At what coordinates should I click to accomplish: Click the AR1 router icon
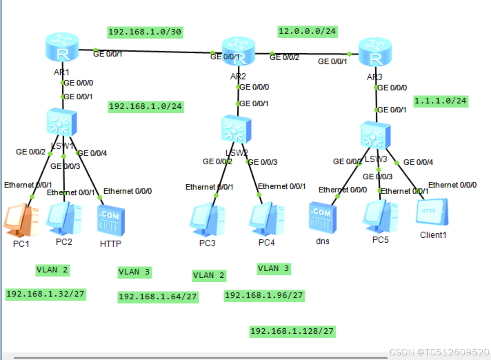63,48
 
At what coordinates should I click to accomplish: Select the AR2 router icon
238,51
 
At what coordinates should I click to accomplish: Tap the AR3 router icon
376,53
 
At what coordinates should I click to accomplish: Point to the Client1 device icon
432,212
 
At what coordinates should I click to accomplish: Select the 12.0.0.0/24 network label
308,31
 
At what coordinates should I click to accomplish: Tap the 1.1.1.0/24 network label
440,101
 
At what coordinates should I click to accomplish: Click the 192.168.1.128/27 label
292,331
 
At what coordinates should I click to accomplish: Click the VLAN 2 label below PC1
52,270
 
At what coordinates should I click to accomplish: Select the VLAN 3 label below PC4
274,269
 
